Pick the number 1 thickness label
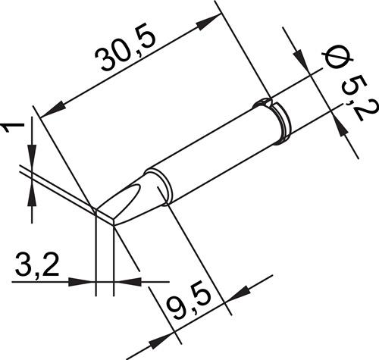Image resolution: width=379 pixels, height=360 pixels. point(13,127)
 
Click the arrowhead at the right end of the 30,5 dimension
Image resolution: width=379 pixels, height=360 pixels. point(207,22)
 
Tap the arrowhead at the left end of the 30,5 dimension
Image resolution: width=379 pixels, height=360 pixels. point(52,109)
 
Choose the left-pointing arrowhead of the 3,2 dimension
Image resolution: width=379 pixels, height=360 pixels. point(127,282)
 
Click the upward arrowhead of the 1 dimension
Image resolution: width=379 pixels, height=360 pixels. point(32,194)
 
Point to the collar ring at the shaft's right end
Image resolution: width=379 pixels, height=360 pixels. point(282,124)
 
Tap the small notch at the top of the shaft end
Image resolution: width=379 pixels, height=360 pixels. point(263,102)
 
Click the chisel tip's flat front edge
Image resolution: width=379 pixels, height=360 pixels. point(105,217)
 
